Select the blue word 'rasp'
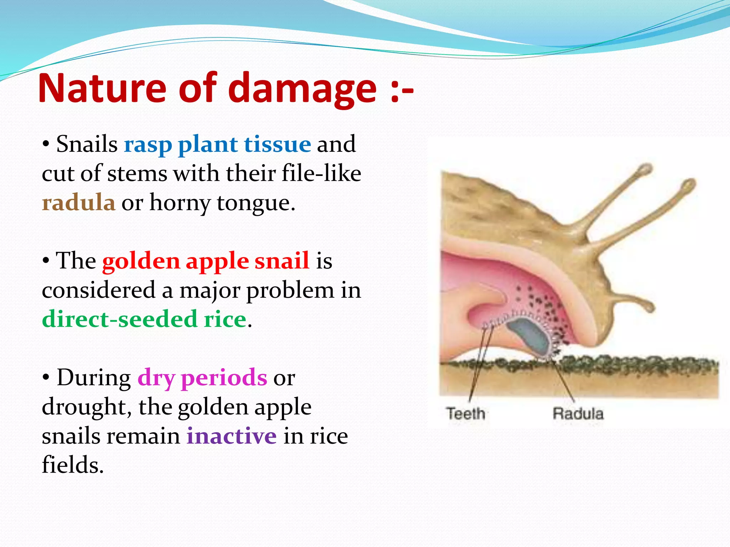(148, 145)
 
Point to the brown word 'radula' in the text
(78, 203)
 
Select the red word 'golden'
(141, 261)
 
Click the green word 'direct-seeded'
(119, 319)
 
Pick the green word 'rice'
(225, 319)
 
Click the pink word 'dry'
(156, 378)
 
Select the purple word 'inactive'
(231, 436)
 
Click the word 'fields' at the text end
(72, 465)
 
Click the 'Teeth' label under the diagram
(466, 414)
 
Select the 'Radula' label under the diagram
(578, 414)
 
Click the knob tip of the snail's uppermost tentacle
(645, 168)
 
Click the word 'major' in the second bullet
(209, 290)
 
